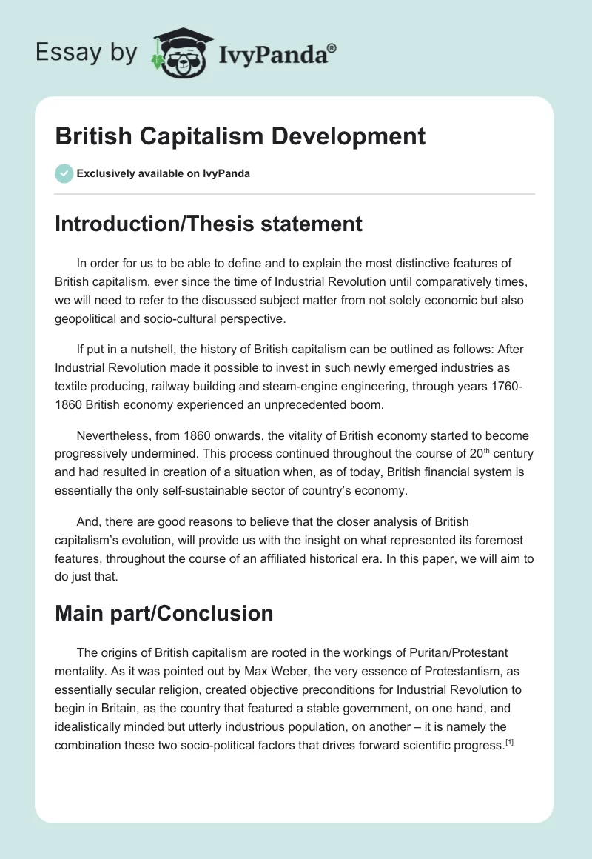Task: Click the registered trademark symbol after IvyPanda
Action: [332, 48]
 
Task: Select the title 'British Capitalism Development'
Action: [240, 136]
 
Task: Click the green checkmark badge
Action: [64, 173]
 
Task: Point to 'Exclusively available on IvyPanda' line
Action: [163, 173]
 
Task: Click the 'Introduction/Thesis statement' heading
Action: [209, 224]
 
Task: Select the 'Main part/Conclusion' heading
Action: [164, 613]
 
